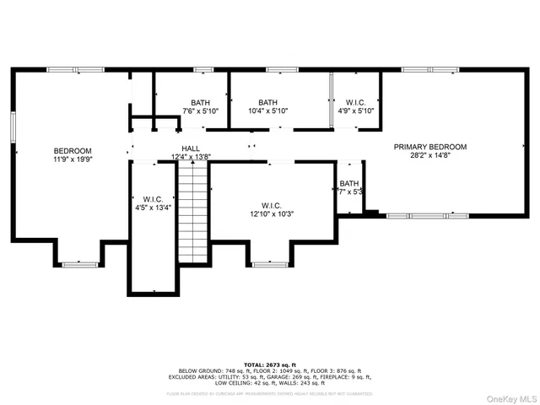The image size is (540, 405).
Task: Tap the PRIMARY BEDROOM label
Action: pyautogui.click(x=430, y=147)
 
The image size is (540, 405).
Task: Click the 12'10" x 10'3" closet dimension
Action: pyautogui.click(x=271, y=215)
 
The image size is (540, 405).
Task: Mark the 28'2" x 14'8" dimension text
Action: pyautogui.click(x=430, y=156)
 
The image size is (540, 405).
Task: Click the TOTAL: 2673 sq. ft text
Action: pyautogui.click(x=269, y=362)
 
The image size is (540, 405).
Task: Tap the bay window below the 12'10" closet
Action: pyautogui.click(x=271, y=264)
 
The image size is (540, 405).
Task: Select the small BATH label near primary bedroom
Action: pyautogui.click(x=349, y=183)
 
